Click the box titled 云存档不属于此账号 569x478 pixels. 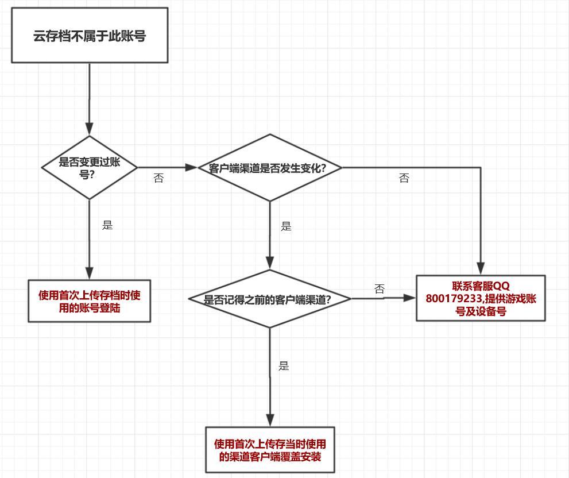pos(90,35)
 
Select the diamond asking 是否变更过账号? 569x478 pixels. pos(90,167)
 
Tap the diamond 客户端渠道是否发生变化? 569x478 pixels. pos(270,168)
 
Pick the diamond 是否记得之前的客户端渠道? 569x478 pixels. pos(269,299)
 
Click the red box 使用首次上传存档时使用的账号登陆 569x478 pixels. pos(90,301)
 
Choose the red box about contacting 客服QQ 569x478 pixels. pos(481,298)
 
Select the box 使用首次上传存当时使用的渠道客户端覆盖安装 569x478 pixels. pos(270,450)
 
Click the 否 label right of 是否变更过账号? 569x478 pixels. pos(158,178)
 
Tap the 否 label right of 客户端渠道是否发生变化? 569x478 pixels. pos(404,178)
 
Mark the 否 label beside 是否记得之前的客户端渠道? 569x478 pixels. pos(380,289)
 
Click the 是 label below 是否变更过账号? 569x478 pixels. pos(107,225)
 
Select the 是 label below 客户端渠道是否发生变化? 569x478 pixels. pos(286,226)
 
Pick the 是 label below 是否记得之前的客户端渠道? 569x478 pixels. pos(284,366)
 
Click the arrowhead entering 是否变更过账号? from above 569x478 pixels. pos(90,129)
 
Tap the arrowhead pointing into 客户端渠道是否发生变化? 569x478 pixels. pos(192,168)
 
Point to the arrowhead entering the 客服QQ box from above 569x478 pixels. pos(481,269)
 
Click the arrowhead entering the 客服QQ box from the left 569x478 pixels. pos(409,298)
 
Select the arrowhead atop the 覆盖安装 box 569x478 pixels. pos(270,420)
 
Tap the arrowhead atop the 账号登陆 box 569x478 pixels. pos(90,273)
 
